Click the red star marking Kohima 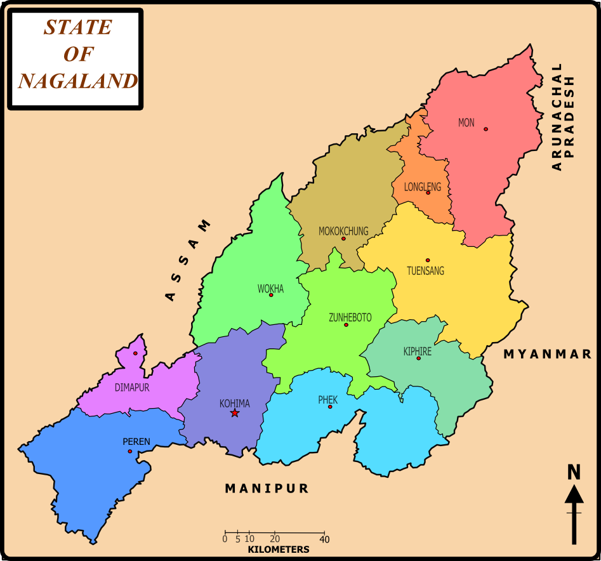point(235,413)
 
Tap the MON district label point(466,122)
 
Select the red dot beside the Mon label point(485,129)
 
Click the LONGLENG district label point(422,187)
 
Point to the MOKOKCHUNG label point(343,231)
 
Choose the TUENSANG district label point(425,271)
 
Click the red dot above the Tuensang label point(428,260)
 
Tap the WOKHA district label point(270,289)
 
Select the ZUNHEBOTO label point(350,317)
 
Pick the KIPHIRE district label point(417,351)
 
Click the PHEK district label point(327,400)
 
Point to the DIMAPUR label point(132,387)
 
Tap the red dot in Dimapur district point(135,353)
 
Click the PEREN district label point(136,442)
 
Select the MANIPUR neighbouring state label point(267,488)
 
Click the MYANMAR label point(548,354)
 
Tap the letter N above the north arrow point(574,472)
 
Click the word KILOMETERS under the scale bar point(279,550)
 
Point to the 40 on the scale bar point(324,539)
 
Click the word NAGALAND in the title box point(77,81)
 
